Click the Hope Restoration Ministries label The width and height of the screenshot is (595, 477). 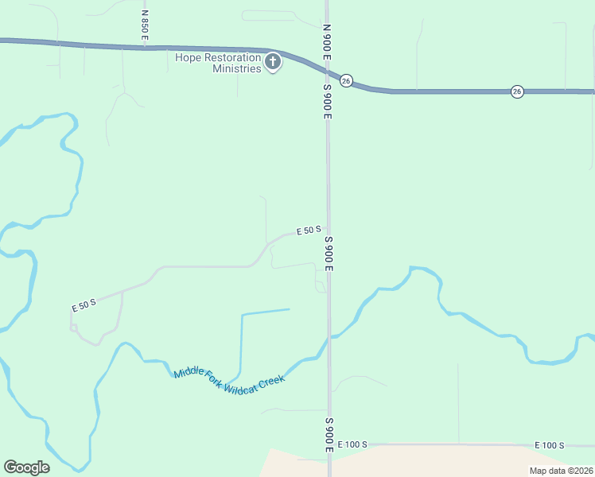tap(217, 63)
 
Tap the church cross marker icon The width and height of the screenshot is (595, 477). tap(273, 61)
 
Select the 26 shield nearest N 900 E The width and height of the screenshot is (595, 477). tap(346, 81)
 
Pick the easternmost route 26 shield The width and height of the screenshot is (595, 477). tap(517, 91)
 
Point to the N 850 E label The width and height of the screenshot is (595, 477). tap(145, 26)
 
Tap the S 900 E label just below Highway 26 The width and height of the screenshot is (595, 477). tap(327, 101)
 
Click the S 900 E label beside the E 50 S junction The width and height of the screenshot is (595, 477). tap(328, 254)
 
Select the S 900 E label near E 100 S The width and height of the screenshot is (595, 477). tap(328, 435)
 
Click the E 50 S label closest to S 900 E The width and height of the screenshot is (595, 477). tap(309, 231)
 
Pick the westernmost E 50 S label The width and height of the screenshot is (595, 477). tap(84, 304)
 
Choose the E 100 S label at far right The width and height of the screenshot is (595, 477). tap(549, 444)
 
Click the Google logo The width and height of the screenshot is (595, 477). tap(26, 467)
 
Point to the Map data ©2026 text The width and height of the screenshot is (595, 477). tap(561, 471)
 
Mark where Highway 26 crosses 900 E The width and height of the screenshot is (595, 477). tap(327, 72)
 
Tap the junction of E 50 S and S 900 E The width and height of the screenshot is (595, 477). tap(328, 227)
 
